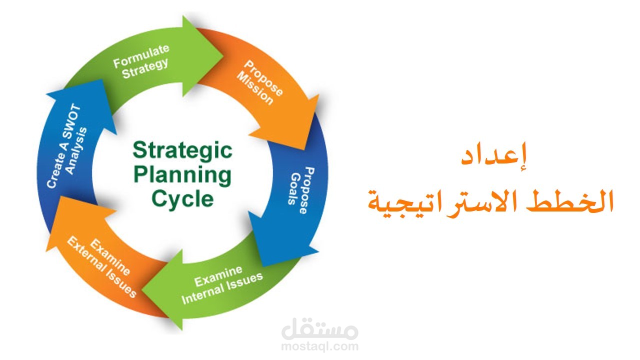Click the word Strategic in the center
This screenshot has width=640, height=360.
[182, 150]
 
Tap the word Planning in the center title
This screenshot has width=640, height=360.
[183, 175]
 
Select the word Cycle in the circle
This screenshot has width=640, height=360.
[182, 198]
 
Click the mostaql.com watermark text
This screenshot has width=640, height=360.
[320, 346]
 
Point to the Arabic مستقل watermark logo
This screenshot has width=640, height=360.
[320, 330]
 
